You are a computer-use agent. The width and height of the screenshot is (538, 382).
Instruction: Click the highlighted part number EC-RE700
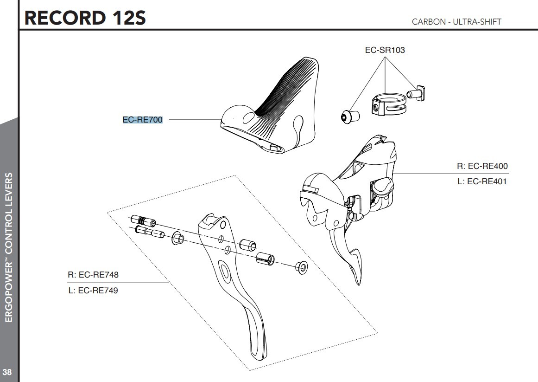tap(142, 120)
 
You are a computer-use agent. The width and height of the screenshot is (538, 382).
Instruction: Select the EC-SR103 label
tap(385, 50)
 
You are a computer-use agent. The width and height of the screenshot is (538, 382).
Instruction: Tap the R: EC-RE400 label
tap(481, 166)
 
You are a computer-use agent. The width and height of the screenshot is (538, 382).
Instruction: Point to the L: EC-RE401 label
tap(481, 181)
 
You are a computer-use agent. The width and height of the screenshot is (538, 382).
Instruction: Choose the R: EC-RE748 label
tap(93, 274)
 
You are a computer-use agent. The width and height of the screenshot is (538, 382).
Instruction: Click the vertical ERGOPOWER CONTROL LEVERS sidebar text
tap(8, 246)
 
